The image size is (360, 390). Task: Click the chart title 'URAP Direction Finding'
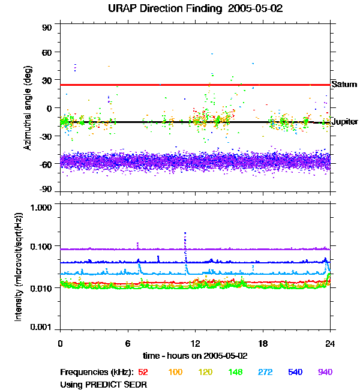165,9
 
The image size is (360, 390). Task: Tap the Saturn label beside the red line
344,85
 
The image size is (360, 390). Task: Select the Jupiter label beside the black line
345,122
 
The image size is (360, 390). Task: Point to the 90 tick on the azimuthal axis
47,28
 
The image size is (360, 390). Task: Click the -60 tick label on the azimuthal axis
45,164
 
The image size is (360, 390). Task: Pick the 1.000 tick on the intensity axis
41,208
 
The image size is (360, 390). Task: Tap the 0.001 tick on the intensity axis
41,327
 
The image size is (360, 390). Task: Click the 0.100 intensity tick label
41,247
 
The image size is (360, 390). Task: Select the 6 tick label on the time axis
128,343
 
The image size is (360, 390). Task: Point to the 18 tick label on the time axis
263,343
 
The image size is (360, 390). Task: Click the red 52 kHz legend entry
143,372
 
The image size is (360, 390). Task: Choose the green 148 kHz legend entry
235,372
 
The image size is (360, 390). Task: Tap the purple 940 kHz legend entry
325,372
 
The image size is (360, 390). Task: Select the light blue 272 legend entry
265,372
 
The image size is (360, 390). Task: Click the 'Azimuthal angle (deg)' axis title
28,108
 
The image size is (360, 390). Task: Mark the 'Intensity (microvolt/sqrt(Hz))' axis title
19,267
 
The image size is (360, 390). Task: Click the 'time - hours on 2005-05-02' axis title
195,356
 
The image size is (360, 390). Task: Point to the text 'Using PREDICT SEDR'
103,385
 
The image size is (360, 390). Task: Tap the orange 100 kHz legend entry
175,372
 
